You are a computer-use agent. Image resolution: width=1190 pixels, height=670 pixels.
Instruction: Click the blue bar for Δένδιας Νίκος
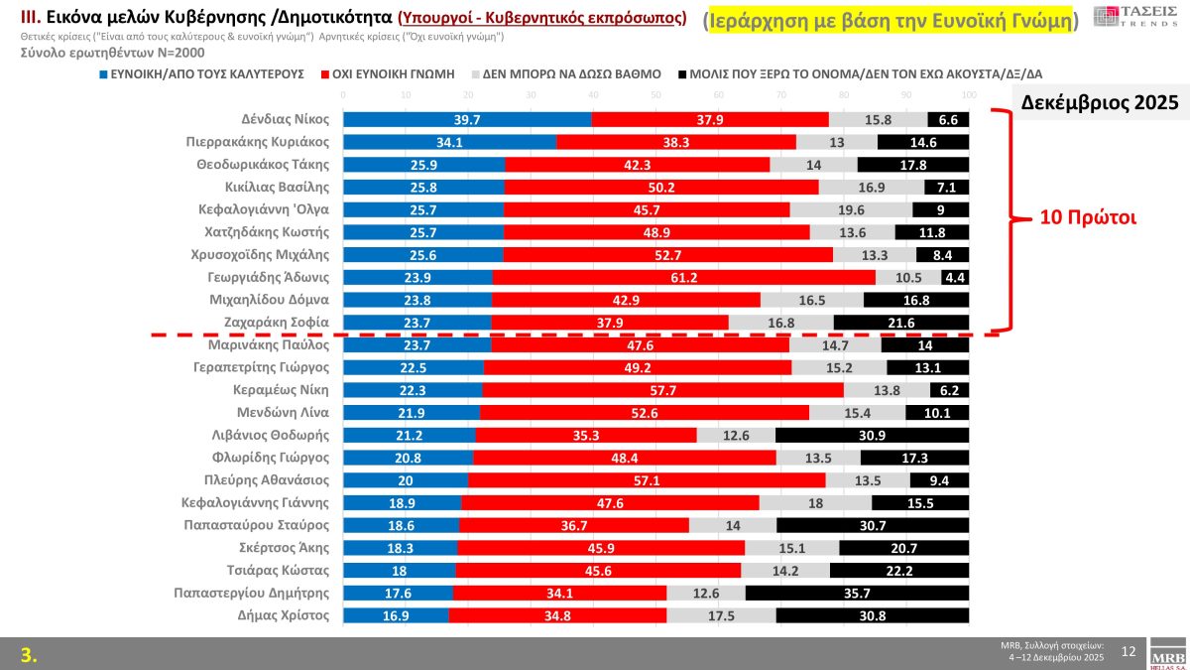(x=467, y=119)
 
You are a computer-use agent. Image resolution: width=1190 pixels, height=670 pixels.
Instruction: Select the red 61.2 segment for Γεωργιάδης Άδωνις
(x=684, y=277)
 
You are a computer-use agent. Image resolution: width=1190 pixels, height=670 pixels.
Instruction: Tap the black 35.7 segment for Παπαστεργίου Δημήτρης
(x=857, y=593)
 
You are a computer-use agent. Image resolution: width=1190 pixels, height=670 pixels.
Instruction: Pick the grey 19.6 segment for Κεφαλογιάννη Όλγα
(x=851, y=209)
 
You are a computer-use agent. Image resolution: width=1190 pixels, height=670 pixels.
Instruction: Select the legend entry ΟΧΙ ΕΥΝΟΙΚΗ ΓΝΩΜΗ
(x=394, y=73)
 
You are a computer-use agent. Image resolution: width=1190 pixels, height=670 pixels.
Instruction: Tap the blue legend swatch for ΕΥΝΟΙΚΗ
(x=103, y=73)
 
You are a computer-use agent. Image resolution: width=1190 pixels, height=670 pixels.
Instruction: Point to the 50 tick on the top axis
(x=655, y=95)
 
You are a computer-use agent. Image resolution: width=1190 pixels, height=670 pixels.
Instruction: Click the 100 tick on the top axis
(x=969, y=95)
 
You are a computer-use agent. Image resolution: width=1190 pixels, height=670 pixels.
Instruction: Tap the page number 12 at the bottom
(x=1129, y=651)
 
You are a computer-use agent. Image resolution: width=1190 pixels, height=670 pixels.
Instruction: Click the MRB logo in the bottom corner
(x=1166, y=654)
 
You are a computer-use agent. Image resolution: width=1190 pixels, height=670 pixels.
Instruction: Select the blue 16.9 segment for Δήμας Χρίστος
(x=396, y=615)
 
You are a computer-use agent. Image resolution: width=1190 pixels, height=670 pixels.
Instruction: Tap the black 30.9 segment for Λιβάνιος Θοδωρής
(x=872, y=435)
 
